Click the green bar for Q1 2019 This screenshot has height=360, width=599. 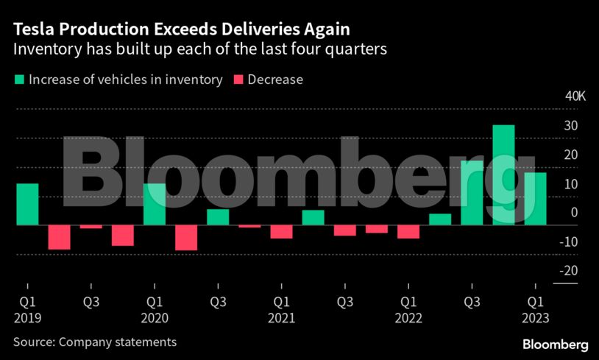(27, 204)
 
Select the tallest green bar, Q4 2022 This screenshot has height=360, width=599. (503, 174)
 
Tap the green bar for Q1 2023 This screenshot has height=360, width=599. (535, 199)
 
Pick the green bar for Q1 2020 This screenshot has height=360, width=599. (155, 204)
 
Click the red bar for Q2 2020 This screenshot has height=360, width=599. (186, 238)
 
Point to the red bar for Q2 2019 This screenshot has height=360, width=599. (59, 237)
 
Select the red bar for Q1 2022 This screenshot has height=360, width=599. (408, 232)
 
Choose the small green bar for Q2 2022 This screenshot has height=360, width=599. (440, 219)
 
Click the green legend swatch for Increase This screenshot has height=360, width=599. (19, 80)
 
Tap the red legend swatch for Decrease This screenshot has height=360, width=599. (238, 80)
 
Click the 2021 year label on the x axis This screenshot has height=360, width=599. (281, 318)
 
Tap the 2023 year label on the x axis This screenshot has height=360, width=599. (535, 318)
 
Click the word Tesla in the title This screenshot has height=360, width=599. (33, 30)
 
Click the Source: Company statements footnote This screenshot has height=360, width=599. (94, 342)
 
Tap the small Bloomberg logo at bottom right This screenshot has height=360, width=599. (555, 344)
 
